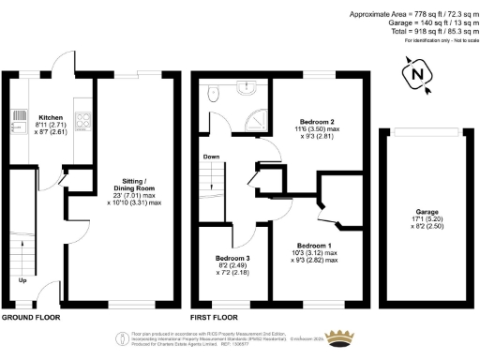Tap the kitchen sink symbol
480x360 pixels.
pos(18,120)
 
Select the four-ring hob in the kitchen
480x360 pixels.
pos(81,120)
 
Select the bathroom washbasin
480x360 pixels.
pos(246,89)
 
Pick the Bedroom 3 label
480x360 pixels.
pos(232,258)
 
